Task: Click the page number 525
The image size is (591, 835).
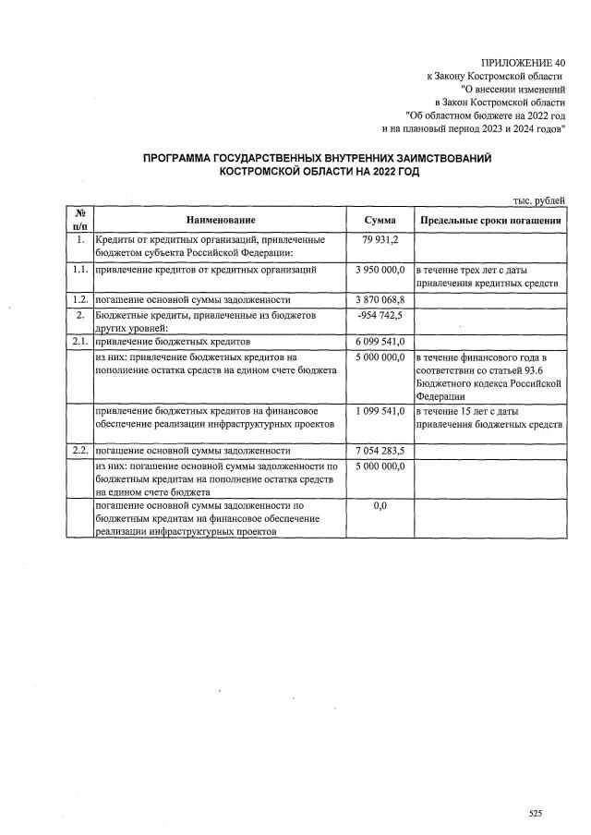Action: click(x=535, y=813)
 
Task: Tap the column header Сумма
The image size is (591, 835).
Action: click(x=380, y=221)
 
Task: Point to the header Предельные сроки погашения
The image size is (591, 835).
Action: click(x=489, y=221)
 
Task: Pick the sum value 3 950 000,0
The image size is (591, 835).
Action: click(x=380, y=270)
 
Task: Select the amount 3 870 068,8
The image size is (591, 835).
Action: click(x=380, y=300)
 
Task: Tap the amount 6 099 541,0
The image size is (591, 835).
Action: click(x=380, y=342)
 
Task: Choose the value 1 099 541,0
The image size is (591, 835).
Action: click(x=380, y=410)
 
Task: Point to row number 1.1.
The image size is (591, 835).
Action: click(x=79, y=270)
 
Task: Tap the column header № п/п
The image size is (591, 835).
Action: click(x=79, y=220)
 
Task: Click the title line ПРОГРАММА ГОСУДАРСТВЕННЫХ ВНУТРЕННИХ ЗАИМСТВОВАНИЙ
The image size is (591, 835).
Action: click(x=317, y=159)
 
